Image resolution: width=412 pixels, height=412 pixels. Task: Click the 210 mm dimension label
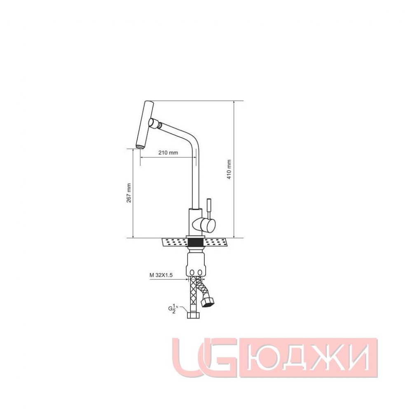[x=168, y=152]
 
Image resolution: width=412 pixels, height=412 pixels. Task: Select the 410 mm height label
[x=229, y=169]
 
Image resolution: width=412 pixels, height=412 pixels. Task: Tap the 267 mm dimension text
[x=129, y=193]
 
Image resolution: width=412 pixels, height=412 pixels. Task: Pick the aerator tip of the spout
[x=140, y=147]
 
